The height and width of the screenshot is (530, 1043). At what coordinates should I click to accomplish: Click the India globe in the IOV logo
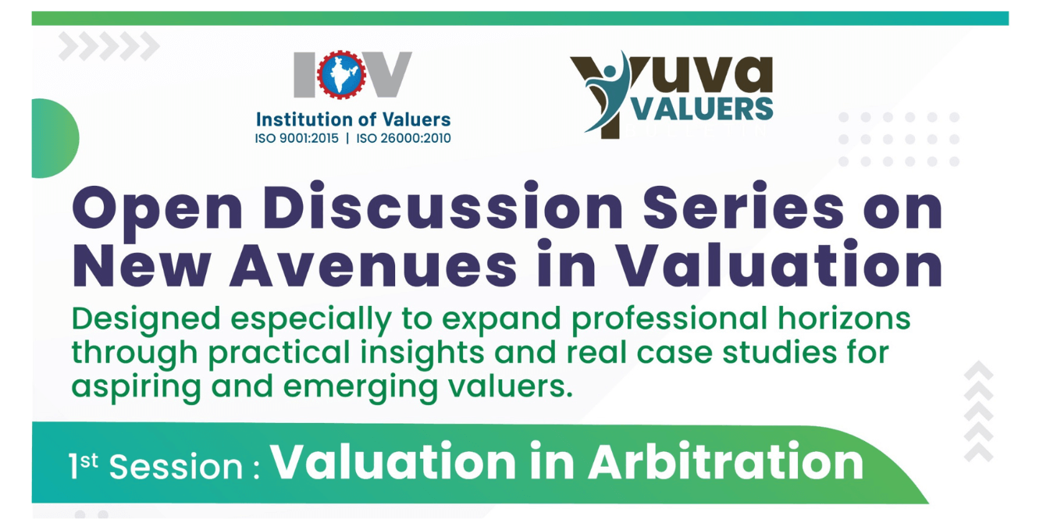pyautogui.click(x=341, y=76)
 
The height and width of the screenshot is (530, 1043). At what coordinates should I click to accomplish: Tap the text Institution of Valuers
pyautogui.click(x=353, y=120)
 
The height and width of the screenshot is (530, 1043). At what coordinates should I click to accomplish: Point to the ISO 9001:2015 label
pyautogui.click(x=297, y=139)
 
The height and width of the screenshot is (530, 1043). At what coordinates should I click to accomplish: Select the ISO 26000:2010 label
pyautogui.click(x=404, y=139)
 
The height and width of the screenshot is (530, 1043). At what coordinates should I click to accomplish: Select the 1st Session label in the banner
pyautogui.click(x=156, y=466)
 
